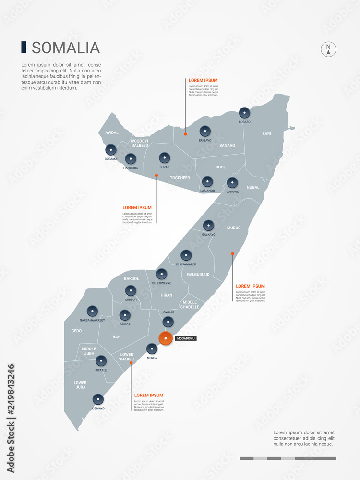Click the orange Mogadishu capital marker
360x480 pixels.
pos(166,338)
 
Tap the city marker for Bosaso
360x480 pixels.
pos(244,113)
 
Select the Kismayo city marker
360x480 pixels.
pos(98,399)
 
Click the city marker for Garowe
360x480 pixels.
pos(232,182)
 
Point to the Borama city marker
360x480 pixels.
pos(111,150)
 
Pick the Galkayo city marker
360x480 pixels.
pos(208,225)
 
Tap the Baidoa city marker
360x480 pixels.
pos(125,315)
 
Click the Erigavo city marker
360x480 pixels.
pos(205,131)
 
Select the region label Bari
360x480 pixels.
pos(266,133)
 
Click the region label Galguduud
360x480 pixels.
pos(198,275)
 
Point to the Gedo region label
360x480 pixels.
pos(76,331)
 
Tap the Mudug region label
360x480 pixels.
pos(234,228)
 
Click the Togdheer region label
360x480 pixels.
pos(180,178)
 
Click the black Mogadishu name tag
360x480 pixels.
pos(186,338)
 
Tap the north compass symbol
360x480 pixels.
pos(328,49)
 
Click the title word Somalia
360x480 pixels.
pos(66,48)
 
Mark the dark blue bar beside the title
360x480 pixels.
pos(24,47)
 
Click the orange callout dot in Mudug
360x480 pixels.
pos(232,253)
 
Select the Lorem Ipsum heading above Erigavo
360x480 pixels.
pos(203,80)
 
